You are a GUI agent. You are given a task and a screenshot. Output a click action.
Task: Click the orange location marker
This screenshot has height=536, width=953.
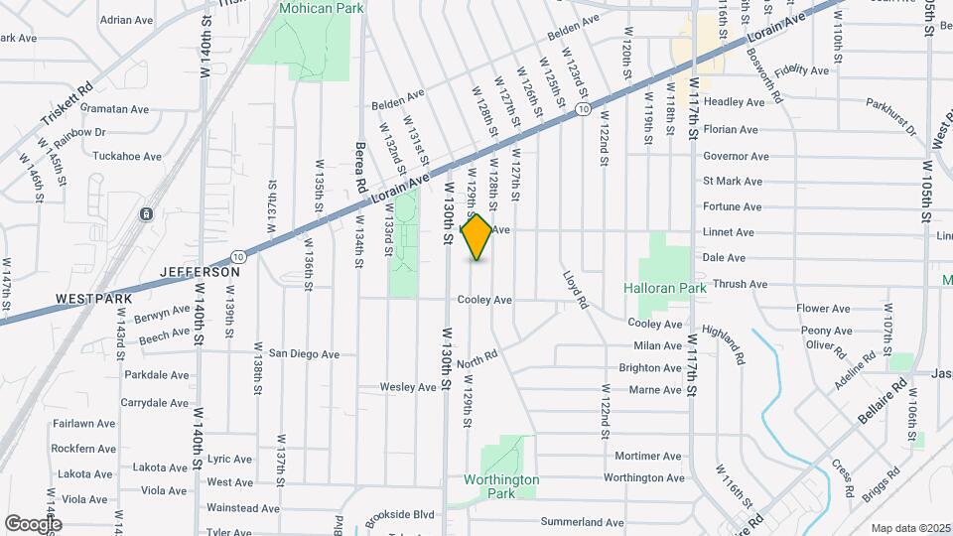(x=476, y=237)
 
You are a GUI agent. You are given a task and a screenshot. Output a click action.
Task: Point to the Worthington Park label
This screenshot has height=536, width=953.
(x=501, y=485)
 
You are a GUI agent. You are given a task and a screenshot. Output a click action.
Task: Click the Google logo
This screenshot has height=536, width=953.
(x=32, y=523)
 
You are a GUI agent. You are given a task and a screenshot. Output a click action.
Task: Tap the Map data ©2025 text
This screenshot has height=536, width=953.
(x=909, y=528)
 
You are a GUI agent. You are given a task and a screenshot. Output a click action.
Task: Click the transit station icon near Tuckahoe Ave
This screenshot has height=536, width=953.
(x=146, y=213)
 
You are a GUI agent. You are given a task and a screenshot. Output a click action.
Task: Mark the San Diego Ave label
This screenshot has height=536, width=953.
(x=304, y=353)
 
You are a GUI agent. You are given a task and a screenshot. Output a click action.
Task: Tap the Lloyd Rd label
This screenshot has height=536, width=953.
(x=576, y=289)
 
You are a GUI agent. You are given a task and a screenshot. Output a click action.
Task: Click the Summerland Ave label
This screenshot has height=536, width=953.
(x=582, y=522)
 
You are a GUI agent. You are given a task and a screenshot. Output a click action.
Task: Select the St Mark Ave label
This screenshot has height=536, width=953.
(x=732, y=182)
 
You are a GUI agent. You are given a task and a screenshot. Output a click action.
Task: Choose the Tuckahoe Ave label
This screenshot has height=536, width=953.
(x=126, y=157)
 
